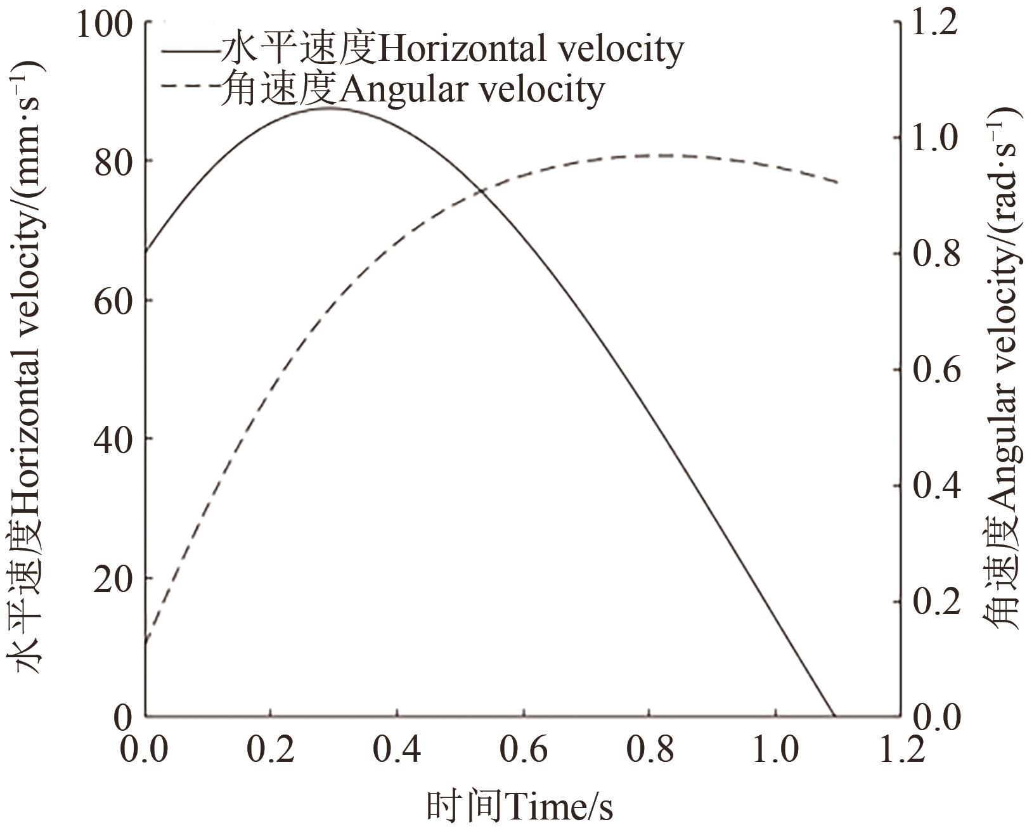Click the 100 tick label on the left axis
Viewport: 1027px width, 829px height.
point(103,23)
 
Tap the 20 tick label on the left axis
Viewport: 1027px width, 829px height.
point(113,579)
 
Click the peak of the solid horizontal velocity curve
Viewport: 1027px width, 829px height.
point(326,108)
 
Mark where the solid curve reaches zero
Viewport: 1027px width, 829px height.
point(833,716)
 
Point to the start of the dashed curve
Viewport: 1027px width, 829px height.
point(146,645)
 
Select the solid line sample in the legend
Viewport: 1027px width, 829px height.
point(190,50)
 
